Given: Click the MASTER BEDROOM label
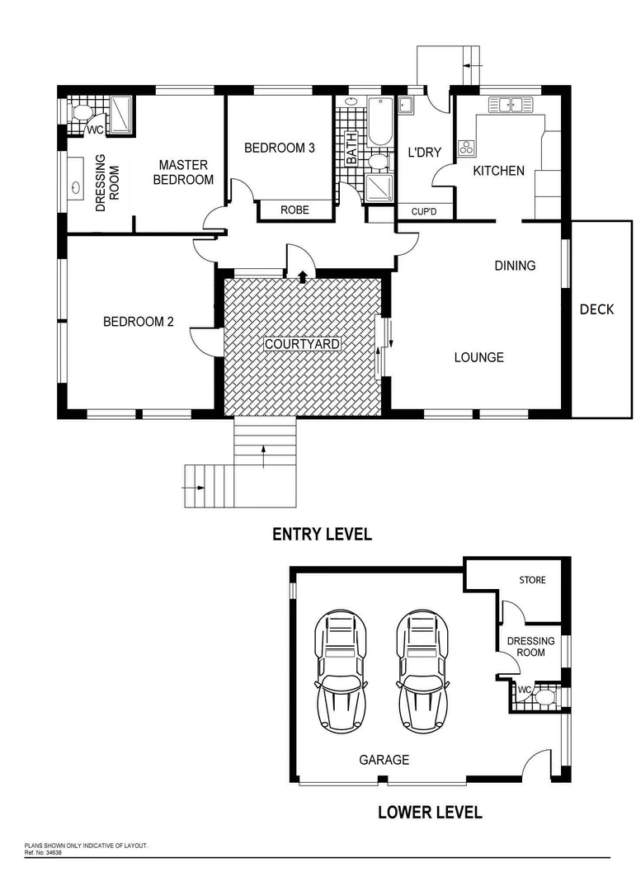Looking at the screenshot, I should click(x=183, y=172).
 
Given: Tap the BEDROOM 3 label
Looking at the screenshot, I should click(x=280, y=148).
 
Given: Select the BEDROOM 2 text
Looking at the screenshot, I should click(x=138, y=322).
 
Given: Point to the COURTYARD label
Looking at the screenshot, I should click(x=302, y=344).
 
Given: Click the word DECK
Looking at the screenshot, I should click(x=596, y=310).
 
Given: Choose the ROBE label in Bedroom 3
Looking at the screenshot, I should click(x=294, y=210).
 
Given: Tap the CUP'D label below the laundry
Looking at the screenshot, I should click(x=423, y=211).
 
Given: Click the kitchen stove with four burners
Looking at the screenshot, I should click(x=467, y=148).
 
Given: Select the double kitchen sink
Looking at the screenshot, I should click(x=511, y=105).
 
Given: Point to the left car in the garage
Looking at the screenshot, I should click(x=339, y=672).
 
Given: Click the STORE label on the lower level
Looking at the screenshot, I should click(x=532, y=580).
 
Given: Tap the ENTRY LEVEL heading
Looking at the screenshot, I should click(x=322, y=535).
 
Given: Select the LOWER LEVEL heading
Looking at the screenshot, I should click(x=429, y=812).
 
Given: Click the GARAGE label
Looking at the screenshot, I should click(x=384, y=760).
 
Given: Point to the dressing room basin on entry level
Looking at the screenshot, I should click(x=76, y=187).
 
